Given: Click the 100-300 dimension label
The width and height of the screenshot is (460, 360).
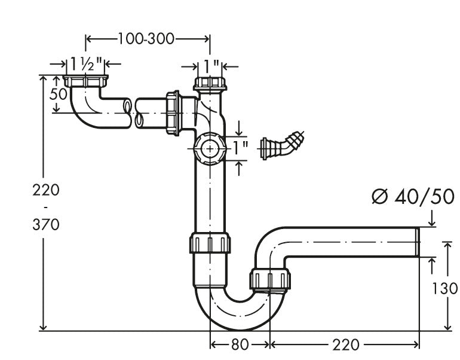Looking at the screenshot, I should click(x=146, y=39).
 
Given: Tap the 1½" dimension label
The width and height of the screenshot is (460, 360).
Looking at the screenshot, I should click(x=87, y=63).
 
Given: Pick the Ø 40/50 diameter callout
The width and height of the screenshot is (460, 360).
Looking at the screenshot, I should click(x=412, y=196).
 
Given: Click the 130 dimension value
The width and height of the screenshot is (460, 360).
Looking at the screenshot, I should click(x=444, y=289).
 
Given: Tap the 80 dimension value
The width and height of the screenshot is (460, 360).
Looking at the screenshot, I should click(x=241, y=344).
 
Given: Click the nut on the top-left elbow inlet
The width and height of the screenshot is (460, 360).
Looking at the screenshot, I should click(x=87, y=81).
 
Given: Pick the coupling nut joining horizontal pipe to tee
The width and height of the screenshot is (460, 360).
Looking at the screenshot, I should click(x=174, y=112).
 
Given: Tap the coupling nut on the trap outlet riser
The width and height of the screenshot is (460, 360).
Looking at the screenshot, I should click(x=270, y=279).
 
